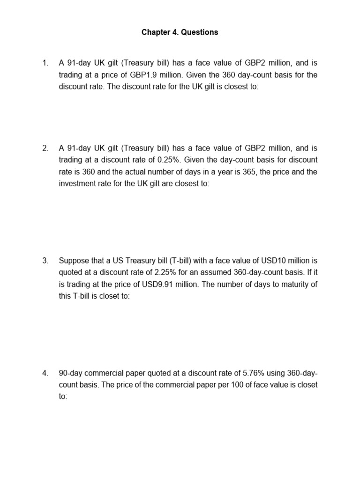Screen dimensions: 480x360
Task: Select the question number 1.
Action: pyautogui.click(x=45, y=63)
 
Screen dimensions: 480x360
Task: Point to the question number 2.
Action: pyautogui.click(x=45, y=148)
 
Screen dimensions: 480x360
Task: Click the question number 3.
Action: pyautogui.click(x=45, y=260)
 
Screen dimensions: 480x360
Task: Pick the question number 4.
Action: pyautogui.click(x=45, y=373)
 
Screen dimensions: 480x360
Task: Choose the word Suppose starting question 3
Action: pyautogui.click(x=74, y=260)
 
